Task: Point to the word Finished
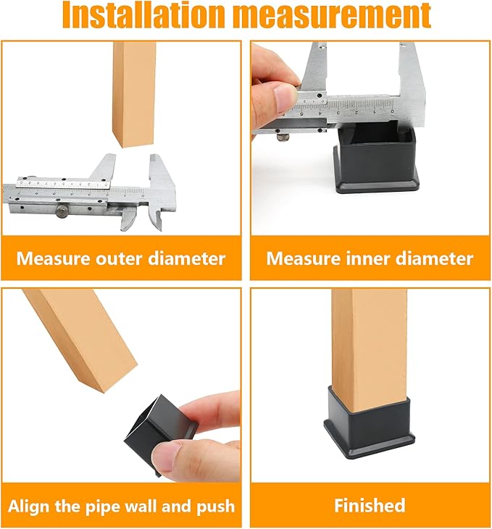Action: coord(370,505)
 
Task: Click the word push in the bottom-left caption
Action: coord(217,507)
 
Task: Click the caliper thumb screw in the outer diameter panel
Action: coord(62,213)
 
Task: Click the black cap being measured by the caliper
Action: coord(377,158)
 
